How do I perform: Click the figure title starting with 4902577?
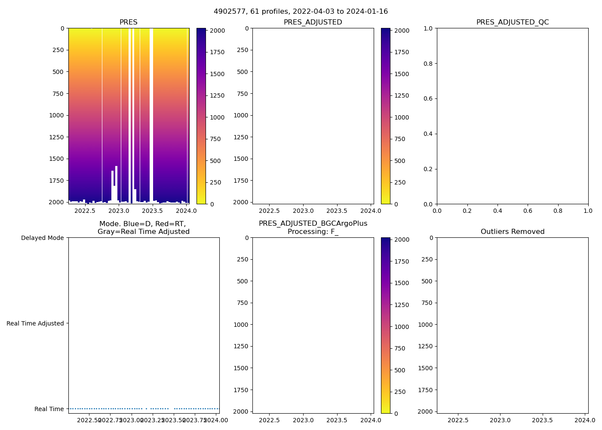point(301,12)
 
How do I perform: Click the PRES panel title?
point(128,22)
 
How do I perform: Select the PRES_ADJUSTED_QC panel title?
point(512,22)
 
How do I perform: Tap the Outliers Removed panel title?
point(512,232)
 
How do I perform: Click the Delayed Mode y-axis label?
point(42,238)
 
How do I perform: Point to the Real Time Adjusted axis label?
point(35,323)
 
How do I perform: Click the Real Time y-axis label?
point(49,409)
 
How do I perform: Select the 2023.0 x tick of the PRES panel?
point(119,211)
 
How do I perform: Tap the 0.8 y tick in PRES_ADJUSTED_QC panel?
point(428,64)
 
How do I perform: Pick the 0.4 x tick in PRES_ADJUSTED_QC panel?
point(498,211)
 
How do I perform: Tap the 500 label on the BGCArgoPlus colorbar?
point(400,370)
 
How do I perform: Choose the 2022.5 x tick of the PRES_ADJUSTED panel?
point(269,211)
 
